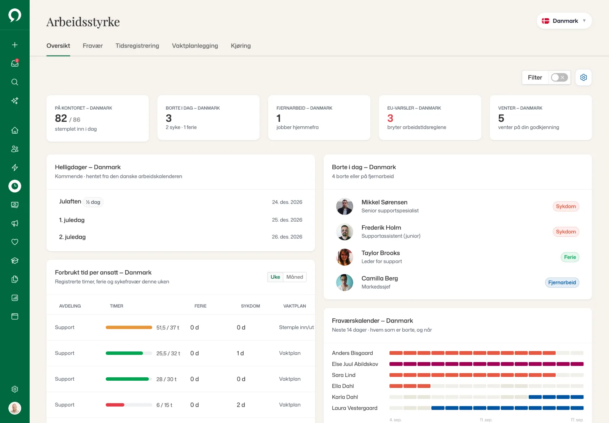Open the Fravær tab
click(x=92, y=46)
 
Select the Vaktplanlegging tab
click(x=194, y=46)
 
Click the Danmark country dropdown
click(x=564, y=21)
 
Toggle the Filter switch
click(x=559, y=78)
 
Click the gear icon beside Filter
click(x=583, y=78)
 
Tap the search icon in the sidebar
click(x=15, y=82)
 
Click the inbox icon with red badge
click(x=15, y=63)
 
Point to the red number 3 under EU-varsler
click(x=390, y=118)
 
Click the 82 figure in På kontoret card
click(x=61, y=118)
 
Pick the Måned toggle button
click(x=295, y=277)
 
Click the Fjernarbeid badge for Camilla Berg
click(x=562, y=283)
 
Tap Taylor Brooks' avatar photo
click(x=344, y=257)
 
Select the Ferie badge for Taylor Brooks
click(x=569, y=257)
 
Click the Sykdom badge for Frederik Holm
click(x=566, y=232)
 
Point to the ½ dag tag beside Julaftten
click(x=93, y=202)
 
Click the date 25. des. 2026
click(x=287, y=220)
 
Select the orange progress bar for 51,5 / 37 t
click(x=129, y=327)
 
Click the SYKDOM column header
click(x=250, y=306)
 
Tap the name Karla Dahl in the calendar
click(x=345, y=397)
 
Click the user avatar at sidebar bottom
click(x=15, y=408)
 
